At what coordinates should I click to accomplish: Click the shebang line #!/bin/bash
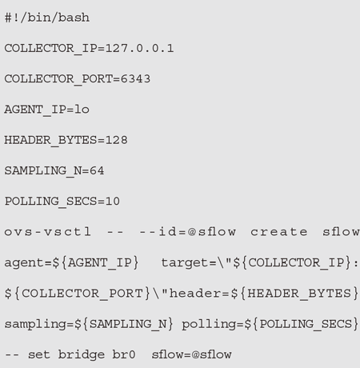[47, 18]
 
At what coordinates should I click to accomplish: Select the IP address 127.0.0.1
[139, 49]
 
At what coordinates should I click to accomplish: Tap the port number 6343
[135, 79]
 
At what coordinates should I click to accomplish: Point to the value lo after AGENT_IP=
[82, 110]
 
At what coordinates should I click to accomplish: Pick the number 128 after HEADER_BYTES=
[117, 140]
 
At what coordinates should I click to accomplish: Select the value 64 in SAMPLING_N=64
[97, 170]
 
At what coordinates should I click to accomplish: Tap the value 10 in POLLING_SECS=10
[113, 201]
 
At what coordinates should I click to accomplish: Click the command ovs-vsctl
[48, 232]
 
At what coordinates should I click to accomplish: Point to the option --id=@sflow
[188, 232]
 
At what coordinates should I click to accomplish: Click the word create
[279, 232]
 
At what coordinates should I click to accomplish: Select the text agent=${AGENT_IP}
[71, 263]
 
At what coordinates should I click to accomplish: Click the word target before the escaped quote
[186, 263]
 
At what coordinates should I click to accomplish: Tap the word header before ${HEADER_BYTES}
[195, 293]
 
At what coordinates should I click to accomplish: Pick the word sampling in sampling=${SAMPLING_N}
[35, 324]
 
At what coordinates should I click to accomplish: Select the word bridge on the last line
[82, 355]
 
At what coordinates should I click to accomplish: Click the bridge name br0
[124, 354]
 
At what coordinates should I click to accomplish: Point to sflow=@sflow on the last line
[191, 354]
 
